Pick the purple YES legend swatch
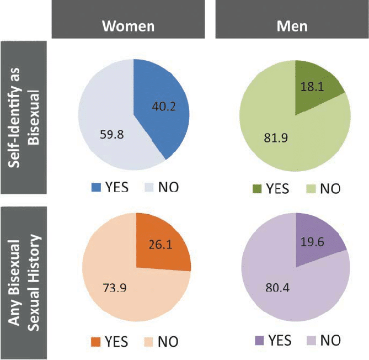click(x=257, y=340)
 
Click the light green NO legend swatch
click(x=310, y=189)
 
